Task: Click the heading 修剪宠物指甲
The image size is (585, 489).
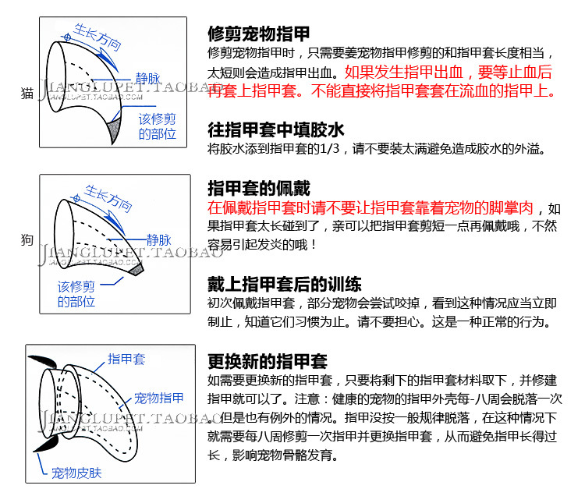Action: pyautogui.click(x=258, y=34)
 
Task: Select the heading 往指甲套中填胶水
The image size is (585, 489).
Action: pyautogui.click(x=275, y=129)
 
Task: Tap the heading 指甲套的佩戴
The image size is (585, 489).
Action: pyautogui.click(x=258, y=189)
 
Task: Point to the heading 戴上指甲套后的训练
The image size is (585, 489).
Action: pyautogui.click(x=284, y=284)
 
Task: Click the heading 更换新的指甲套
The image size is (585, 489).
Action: pyautogui.click(x=267, y=361)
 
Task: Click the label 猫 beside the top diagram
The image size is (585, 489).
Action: pyautogui.click(x=27, y=94)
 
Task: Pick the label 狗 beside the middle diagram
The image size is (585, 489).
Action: pyautogui.click(x=27, y=241)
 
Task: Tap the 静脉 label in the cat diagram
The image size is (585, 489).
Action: pyautogui.click(x=149, y=78)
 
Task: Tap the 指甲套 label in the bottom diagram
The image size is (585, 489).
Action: pyautogui.click(x=126, y=359)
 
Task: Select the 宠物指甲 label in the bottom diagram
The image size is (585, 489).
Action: pyautogui.click(x=159, y=398)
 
